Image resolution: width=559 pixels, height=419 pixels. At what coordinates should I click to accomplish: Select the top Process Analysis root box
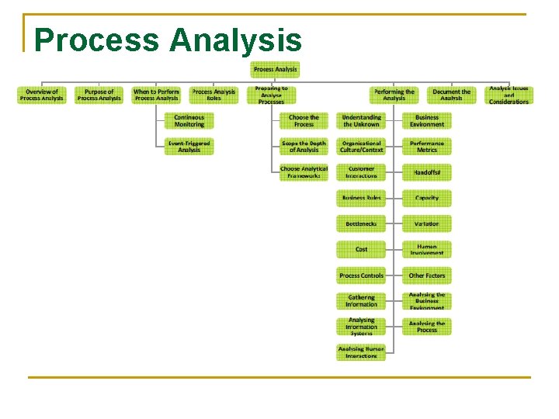[275, 70]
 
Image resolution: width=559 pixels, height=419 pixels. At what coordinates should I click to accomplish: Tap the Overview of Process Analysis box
[42, 95]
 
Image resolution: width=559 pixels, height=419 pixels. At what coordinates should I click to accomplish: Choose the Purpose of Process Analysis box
[99, 95]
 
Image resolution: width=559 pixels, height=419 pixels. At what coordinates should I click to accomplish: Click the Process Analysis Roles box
[214, 95]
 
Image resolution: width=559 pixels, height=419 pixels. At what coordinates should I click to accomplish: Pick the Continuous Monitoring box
[189, 121]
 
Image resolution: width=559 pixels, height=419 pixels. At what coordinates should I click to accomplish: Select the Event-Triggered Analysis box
[189, 147]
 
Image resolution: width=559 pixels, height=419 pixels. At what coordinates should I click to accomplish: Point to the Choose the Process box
[304, 121]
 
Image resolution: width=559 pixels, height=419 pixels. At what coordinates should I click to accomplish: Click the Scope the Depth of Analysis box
[304, 147]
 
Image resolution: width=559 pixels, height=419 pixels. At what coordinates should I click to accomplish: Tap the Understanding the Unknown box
[361, 121]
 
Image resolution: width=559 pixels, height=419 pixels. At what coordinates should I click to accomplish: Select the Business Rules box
[361, 198]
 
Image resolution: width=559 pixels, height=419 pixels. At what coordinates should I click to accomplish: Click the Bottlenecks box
[361, 223]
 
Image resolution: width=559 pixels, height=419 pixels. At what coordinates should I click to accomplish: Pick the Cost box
[361, 249]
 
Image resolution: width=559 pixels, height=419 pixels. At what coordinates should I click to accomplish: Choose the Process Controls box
[361, 275]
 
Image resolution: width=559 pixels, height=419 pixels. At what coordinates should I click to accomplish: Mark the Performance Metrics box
[426, 147]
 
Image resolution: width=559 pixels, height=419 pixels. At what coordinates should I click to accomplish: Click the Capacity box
[426, 198]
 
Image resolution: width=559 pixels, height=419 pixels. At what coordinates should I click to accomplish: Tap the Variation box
[426, 223]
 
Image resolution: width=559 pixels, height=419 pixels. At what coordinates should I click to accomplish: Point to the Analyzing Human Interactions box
[361, 352]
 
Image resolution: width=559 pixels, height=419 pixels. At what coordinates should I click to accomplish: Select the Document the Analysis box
[452, 95]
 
